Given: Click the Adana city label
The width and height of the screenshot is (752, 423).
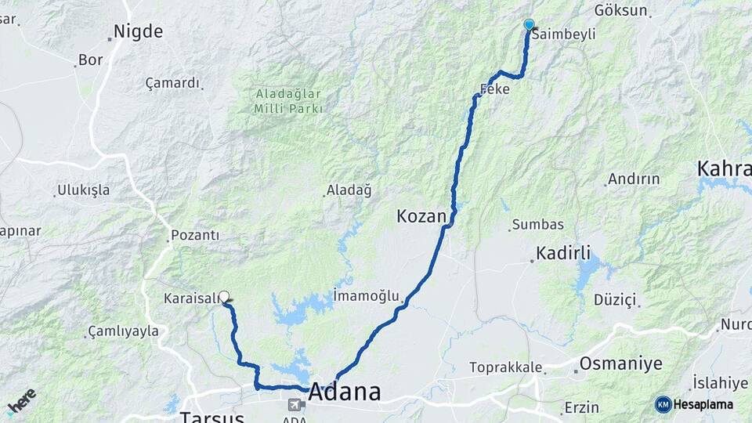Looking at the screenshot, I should (345, 392).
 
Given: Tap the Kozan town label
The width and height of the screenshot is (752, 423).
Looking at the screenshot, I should (421, 216).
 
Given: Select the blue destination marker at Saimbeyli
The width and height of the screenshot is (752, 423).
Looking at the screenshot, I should (529, 24).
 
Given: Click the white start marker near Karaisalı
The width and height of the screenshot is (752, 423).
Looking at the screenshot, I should (224, 296).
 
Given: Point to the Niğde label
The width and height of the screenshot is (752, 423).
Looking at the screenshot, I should (138, 32).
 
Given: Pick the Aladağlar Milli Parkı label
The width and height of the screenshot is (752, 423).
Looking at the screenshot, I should (288, 101).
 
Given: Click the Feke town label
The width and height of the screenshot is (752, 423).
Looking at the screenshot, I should (494, 89).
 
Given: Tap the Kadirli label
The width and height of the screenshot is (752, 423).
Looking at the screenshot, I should (563, 253).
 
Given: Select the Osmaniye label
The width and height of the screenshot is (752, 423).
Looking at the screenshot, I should (620, 364).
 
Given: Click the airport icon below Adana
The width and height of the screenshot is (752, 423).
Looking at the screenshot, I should (296, 405).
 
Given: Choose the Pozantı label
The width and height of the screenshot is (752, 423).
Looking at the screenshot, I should (195, 235).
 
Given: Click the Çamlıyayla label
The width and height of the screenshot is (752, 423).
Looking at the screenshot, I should (124, 332).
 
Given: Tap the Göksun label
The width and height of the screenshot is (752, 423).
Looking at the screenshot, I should (621, 11).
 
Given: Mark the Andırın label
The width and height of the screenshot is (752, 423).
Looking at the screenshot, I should (634, 179).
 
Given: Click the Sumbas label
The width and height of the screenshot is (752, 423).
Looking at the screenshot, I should (538, 225).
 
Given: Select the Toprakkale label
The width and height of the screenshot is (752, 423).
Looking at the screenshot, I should (505, 367).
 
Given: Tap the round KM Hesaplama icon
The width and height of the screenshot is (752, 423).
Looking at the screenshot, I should (663, 404).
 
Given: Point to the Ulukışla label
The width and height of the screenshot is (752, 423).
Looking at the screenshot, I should (83, 190).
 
